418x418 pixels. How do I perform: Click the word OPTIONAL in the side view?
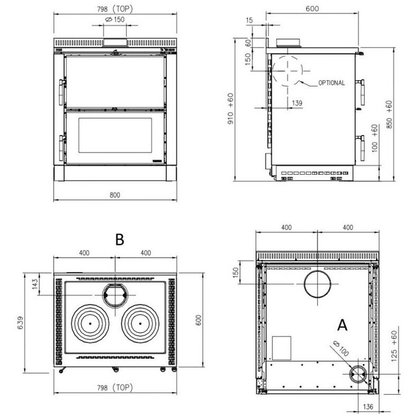coord(332,83)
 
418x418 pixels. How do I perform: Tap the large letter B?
coord(120,239)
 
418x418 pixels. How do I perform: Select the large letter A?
coord(342,325)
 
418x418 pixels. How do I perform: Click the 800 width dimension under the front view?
coord(115,195)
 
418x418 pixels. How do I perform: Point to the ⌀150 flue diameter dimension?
coord(115,19)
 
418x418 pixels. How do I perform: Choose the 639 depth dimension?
coord(20,323)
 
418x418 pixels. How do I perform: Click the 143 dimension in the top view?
coord(35,284)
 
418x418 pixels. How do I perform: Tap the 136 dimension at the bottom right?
coord(368,407)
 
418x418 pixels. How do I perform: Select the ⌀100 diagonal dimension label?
coord(341,349)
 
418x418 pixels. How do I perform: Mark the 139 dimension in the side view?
coord(297,103)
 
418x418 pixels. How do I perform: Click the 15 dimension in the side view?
coord(249,20)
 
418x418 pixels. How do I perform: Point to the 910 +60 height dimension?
coord(231,108)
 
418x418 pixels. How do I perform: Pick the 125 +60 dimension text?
coord(394,346)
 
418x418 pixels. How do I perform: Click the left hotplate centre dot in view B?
coord(90,324)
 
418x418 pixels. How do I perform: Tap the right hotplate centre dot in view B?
coord(140,324)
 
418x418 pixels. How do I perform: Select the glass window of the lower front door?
coord(115,135)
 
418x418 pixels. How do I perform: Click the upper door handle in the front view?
coord(62,92)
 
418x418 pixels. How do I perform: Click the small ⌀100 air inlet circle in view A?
coord(350,374)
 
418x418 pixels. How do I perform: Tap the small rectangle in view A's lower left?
coord(282,348)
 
